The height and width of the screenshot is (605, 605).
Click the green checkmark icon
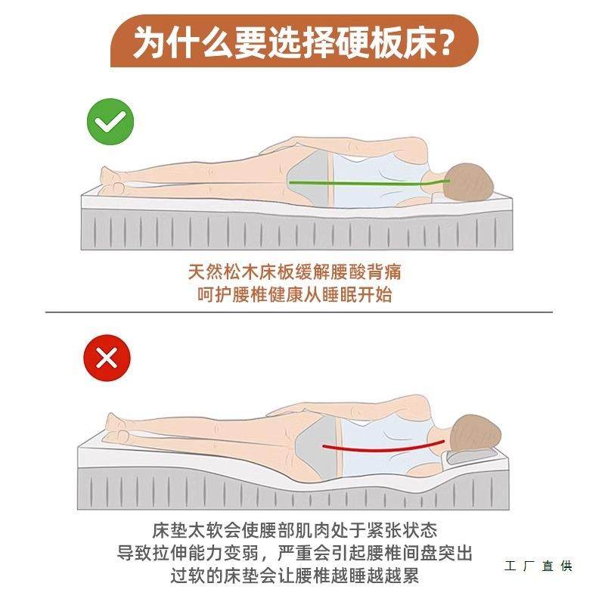(x=110, y=121)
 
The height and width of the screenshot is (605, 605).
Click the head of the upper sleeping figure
(x=469, y=182)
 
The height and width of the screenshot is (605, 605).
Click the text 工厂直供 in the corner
(x=538, y=566)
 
